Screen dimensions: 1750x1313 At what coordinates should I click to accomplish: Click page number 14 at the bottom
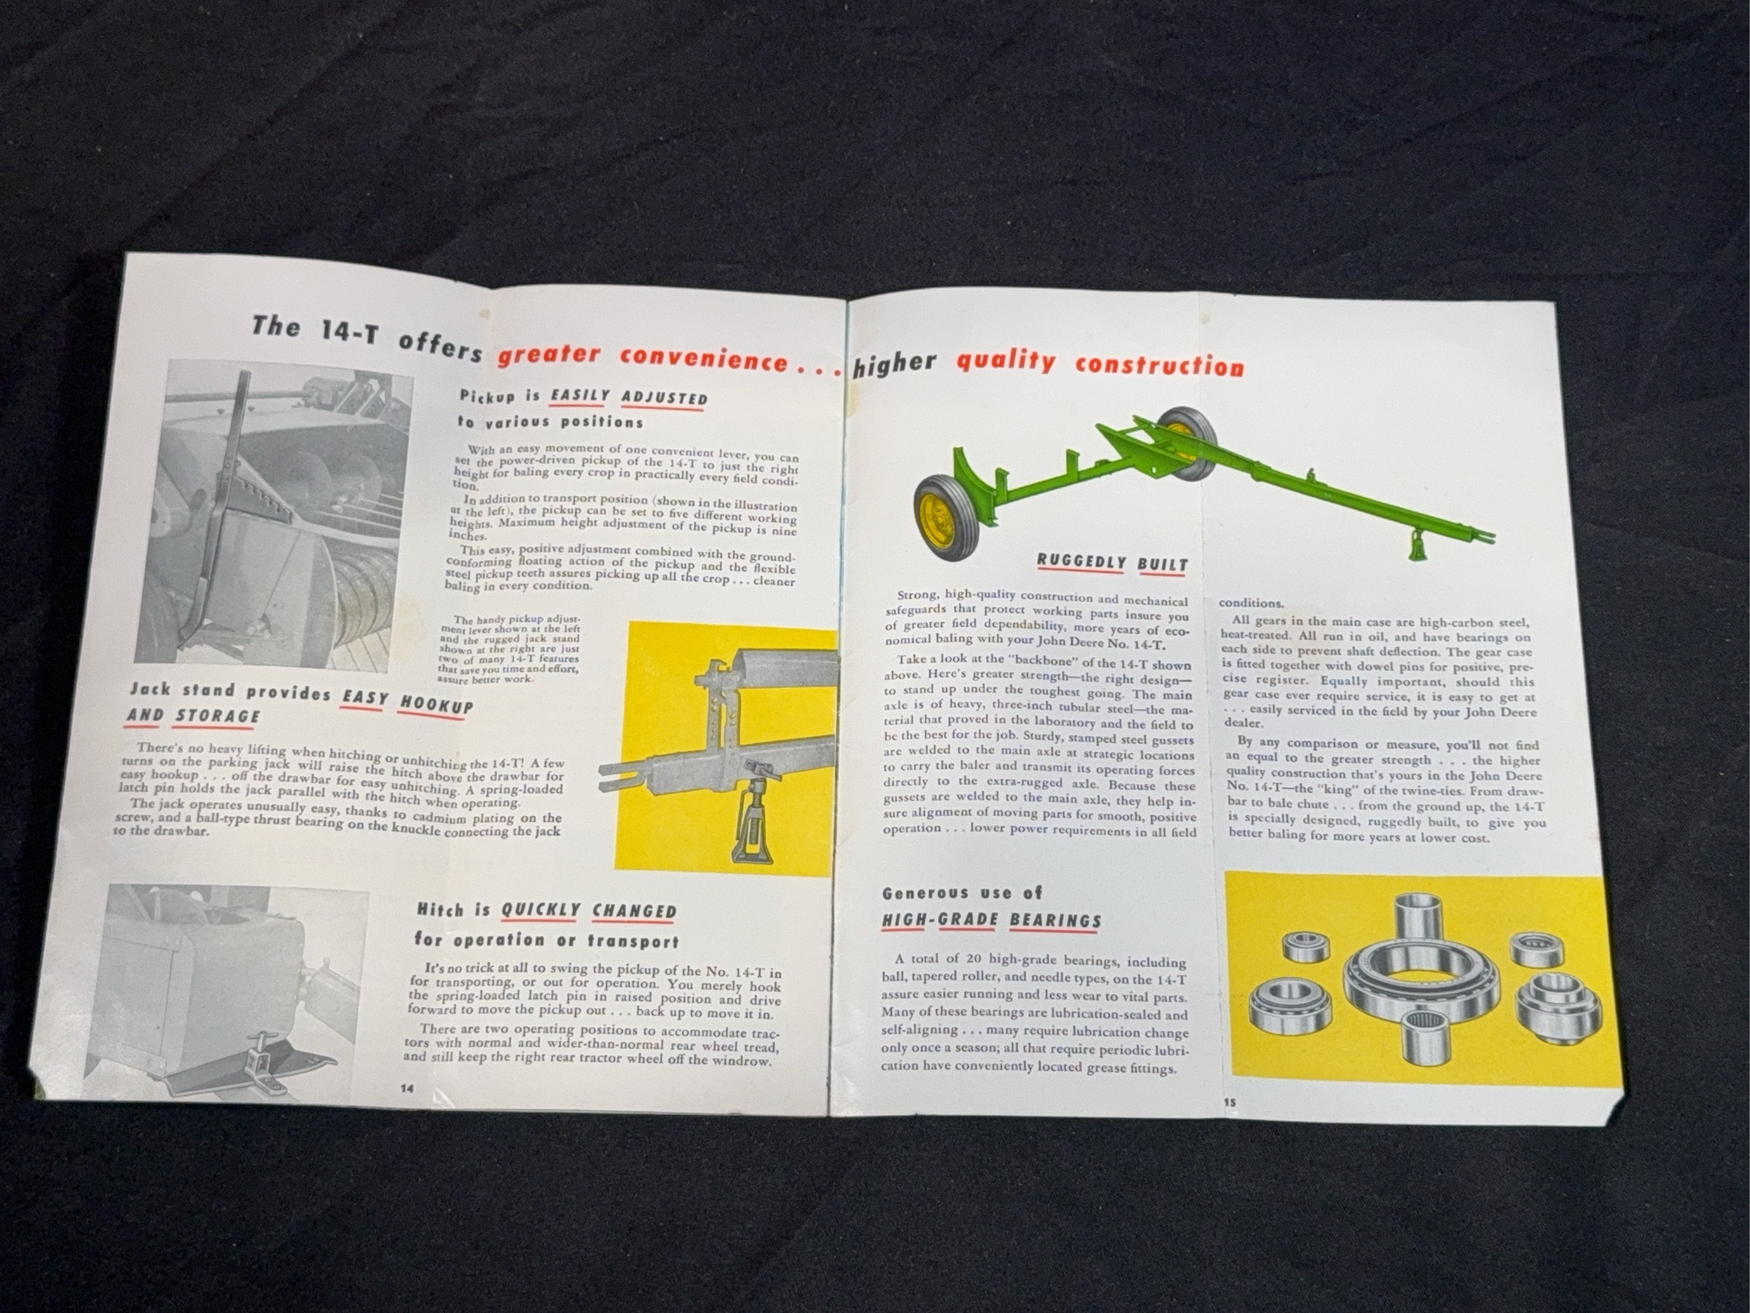pos(407,1088)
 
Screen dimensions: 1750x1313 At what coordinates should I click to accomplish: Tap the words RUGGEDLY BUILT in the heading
pos(1112,563)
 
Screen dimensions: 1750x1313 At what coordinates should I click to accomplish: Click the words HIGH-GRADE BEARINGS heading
pos(992,920)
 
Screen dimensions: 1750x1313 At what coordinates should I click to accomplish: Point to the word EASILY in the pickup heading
pos(580,395)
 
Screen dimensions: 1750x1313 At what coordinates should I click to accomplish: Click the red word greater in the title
pos(549,354)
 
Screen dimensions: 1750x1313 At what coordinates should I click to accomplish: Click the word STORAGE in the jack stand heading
pos(218,716)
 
